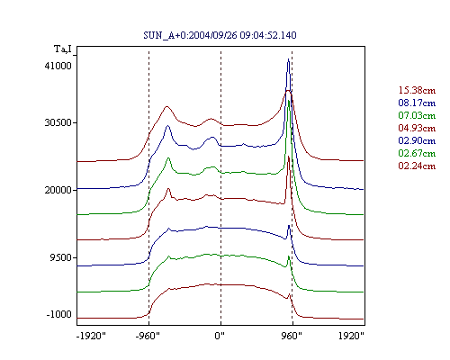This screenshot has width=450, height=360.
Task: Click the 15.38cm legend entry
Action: pyautogui.click(x=417, y=90)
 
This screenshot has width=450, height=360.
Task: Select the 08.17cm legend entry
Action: pyautogui.click(x=417, y=103)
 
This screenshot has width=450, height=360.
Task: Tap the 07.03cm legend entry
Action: pyautogui.click(x=417, y=115)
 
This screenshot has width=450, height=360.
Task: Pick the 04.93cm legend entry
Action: pyautogui.click(x=417, y=128)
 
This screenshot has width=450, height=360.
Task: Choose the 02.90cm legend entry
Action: pyautogui.click(x=417, y=140)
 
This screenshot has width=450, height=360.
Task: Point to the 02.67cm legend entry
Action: pyautogui.click(x=417, y=153)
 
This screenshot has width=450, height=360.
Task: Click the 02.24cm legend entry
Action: pyautogui.click(x=417, y=166)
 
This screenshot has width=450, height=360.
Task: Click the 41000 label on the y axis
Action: pyautogui.click(x=58, y=66)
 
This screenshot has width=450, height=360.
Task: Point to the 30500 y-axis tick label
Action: pyautogui.click(x=58, y=122)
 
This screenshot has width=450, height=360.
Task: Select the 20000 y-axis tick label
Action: pyautogui.click(x=58, y=190)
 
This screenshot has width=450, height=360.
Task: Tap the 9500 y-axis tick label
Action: pyautogui.click(x=61, y=257)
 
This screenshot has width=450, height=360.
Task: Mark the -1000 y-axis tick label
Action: pyautogui.click(x=59, y=314)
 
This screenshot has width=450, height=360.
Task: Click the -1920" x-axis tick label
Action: pyautogui.click(x=91, y=336)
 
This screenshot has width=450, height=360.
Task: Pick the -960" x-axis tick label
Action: pyautogui.click(x=148, y=336)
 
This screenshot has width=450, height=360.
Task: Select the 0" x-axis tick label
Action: pyautogui.click(x=220, y=336)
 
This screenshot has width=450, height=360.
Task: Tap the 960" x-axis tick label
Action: pyautogui.click(x=292, y=336)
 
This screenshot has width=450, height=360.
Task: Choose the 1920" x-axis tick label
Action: pyautogui.click(x=351, y=336)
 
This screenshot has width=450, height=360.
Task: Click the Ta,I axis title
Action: pyautogui.click(x=63, y=49)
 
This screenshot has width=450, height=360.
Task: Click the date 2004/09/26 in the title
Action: pyautogui.click(x=213, y=35)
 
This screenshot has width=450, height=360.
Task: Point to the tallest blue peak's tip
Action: pyautogui.click(x=288, y=59)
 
